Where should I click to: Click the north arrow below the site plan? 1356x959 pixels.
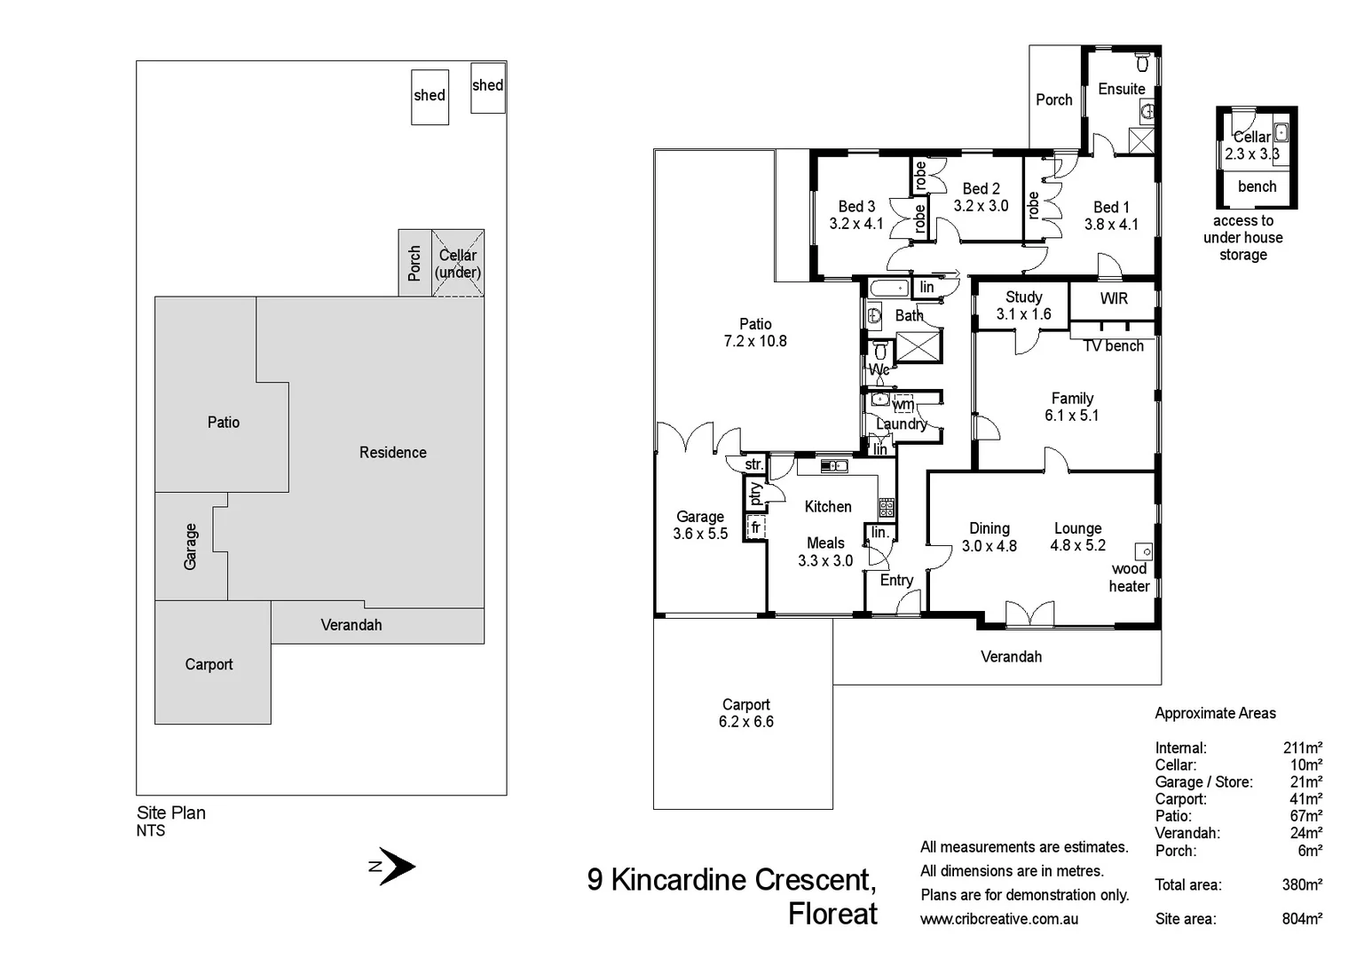point(395,866)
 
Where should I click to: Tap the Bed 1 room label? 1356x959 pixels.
point(1111,207)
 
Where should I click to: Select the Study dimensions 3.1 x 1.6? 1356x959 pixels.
point(1023,314)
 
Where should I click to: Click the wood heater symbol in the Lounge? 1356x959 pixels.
point(1143,551)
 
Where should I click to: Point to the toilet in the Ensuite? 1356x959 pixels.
point(1143,63)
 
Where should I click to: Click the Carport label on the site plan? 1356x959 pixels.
point(209,664)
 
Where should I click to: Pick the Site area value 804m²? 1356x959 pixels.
point(1302,919)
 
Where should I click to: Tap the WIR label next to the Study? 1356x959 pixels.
point(1114,299)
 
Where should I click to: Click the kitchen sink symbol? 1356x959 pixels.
point(833,465)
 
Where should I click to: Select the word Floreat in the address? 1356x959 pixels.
point(832,914)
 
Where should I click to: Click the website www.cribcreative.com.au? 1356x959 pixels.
point(999,919)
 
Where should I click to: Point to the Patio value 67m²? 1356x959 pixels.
point(1305,816)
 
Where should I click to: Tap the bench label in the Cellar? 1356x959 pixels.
point(1257,186)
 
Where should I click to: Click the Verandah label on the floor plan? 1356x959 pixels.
point(1011,657)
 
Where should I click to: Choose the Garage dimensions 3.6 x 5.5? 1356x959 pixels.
point(700,534)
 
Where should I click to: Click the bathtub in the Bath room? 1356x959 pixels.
point(888,288)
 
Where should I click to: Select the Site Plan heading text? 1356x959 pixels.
point(171,812)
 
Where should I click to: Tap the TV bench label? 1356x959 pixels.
point(1114,346)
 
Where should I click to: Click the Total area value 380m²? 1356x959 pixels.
point(1302,884)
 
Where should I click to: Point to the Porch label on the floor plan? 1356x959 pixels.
point(1054,100)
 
